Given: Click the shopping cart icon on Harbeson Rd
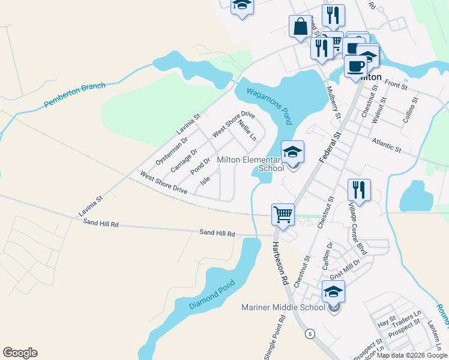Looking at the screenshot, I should pyautogui.click(x=283, y=214).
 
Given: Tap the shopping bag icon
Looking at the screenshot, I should pyautogui.click(x=300, y=27).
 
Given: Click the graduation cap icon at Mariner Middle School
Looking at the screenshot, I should pyautogui.click(x=333, y=292).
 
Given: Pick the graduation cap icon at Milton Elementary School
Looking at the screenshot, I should pyautogui.click(x=292, y=152).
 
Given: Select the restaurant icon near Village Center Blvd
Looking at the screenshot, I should pyautogui.click(x=359, y=190).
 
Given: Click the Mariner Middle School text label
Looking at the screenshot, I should pyautogui.click(x=283, y=308).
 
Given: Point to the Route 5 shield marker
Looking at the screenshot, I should pyautogui.click(x=310, y=334).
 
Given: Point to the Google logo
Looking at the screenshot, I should pyautogui.click(x=20, y=353).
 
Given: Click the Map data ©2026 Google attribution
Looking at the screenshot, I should pyautogui.click(x=412, y=355).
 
